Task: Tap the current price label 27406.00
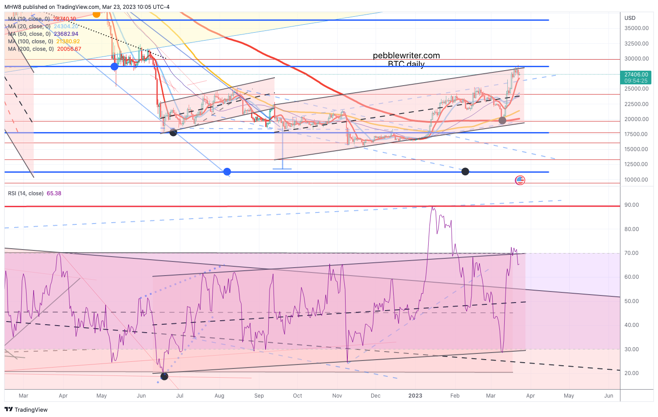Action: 636,75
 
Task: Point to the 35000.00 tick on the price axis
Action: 636,28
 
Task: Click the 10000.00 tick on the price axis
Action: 636,180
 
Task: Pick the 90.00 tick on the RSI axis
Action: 631,205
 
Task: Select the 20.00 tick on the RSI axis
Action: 631,373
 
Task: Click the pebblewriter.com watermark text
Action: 406,56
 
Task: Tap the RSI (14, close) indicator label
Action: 26,193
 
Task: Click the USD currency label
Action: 630,18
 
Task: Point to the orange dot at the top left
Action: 96,14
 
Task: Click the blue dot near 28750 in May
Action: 114,67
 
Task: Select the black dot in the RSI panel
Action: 164,376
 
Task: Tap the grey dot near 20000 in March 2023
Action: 502,120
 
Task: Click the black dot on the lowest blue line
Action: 465,171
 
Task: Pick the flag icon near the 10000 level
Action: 520,180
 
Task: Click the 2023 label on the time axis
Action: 415,396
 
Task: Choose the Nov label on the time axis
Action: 337,396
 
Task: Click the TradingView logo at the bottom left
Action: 26,409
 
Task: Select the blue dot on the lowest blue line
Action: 227,171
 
